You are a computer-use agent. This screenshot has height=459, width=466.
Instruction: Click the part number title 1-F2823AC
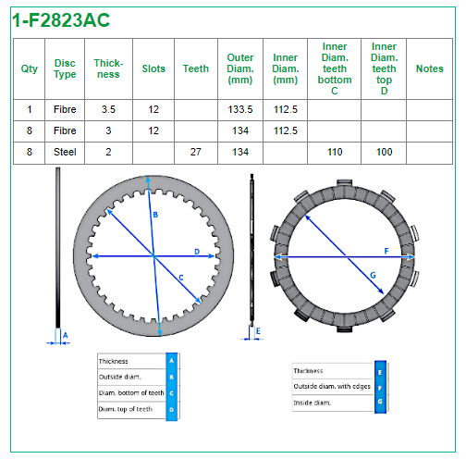(61, 20)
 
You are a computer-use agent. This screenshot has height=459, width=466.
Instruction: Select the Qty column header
(30, 68)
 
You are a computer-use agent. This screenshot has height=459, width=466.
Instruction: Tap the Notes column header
(429, 68)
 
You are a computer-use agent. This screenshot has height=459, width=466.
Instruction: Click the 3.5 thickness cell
(108, 109)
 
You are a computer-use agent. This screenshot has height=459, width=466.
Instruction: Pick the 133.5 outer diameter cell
(240, 109)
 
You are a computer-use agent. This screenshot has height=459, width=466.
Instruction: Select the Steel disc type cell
(65, 152)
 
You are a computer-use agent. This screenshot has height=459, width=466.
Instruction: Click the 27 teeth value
(196, 152)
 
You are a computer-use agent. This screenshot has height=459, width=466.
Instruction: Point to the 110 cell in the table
(335, 152)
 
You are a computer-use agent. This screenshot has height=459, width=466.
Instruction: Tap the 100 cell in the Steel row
(384, 152)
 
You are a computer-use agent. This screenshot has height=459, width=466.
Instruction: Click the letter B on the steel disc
(155, 215)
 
